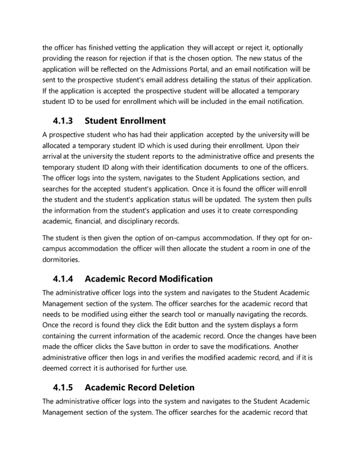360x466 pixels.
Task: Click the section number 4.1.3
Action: [64, 121]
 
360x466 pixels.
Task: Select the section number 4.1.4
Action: [64, 279]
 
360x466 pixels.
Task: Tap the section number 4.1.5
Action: [64, 388]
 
